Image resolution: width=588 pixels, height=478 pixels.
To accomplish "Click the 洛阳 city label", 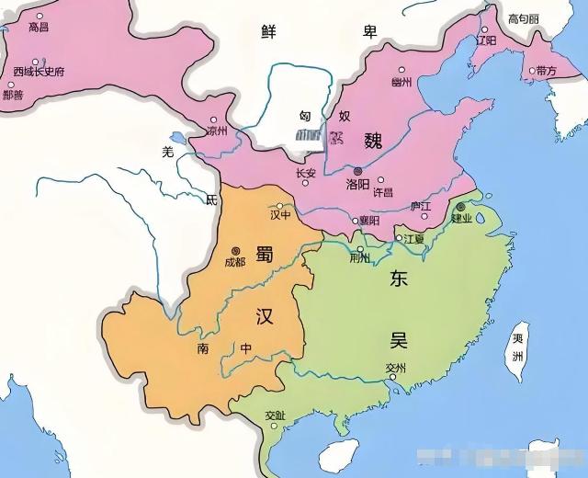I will click(x=358, y=184).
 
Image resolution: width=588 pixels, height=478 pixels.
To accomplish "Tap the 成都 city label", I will click(x=235, y=262).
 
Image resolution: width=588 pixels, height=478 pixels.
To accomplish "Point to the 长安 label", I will click(x=306, y=172).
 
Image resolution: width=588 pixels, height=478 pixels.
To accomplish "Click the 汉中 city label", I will click(x=280, y=215).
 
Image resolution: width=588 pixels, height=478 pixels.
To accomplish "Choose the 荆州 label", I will click(x=360, y=258).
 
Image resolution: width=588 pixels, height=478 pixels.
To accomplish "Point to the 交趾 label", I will click(x=275, y=415).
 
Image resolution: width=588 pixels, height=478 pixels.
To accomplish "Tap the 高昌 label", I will click(x=40, y=28).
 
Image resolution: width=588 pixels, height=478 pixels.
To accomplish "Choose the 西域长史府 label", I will click(x=40, y=71).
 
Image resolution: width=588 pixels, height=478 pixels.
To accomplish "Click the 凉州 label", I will click(x=215, y=131).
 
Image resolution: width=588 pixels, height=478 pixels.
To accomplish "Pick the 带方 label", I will click(x=546, y=70).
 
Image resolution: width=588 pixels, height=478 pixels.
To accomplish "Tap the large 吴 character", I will click(x=397, y=339).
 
